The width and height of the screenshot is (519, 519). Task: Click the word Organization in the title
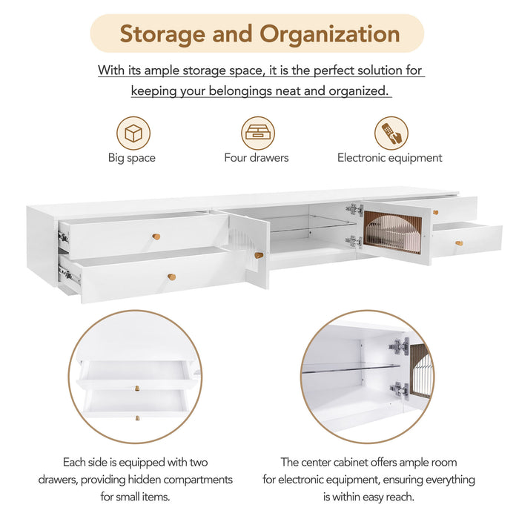(330, 33)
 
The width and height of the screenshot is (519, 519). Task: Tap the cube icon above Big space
(133, 133)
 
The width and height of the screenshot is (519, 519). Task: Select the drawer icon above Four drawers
(258, 133)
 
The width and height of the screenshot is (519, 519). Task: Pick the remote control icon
(391, 133)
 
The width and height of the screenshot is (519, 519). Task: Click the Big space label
(132, 158)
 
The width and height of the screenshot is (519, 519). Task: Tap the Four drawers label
(257, 157)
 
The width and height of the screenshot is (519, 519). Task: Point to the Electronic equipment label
(389, 158)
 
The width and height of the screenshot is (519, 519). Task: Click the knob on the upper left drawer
(156, 237)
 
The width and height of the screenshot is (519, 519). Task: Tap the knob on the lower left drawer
(171, 277)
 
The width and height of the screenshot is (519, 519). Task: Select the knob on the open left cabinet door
(259, 256)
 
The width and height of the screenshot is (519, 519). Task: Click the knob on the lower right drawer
(459, 243)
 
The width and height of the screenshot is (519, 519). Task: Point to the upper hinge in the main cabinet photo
(355, 210)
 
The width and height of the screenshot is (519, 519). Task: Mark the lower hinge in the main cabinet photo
(354, 241)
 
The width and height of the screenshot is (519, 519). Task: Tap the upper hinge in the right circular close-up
(400, 347)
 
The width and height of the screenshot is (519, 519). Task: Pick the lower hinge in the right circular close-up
(400, 390)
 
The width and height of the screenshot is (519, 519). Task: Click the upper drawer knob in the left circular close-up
(137, 388)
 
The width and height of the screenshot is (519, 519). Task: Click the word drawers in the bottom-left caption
(58, 480)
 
